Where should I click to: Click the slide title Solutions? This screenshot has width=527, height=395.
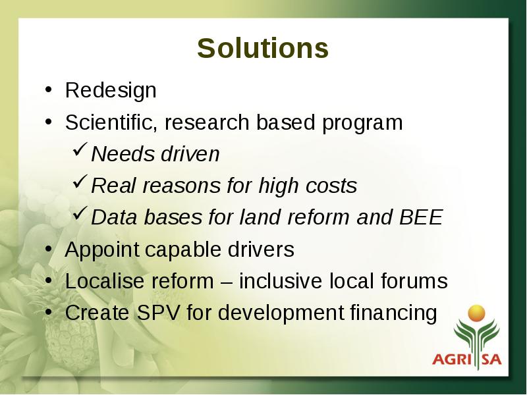[x=263, y=48]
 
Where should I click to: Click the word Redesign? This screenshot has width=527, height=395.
[x=111, y=91]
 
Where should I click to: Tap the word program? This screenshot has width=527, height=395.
[x=362, y=123]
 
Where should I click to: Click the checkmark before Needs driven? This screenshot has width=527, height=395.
[x=80, y=149]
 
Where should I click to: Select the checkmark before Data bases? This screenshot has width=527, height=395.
[x=80, y=213]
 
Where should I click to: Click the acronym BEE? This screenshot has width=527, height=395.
[x=421, y=217]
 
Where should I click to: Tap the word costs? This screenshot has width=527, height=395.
[x=331, y=186]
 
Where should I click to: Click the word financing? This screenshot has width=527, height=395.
[x=393, y=314]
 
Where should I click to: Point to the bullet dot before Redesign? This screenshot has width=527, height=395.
[x=48, y=90]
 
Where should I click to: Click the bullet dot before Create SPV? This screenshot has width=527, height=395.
[x=48, y=311]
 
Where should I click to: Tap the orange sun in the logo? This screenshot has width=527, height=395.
[x=476, y=313]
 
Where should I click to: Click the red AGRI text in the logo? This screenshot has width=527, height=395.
[x=453, y=359]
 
